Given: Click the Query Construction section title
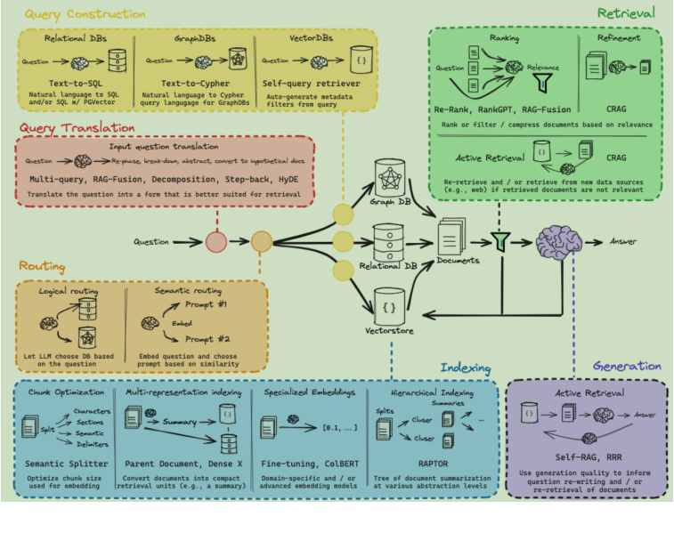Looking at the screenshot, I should click(85, 14).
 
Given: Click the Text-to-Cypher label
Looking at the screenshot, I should click(194, 81).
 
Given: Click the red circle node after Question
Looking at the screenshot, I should click(215, 241).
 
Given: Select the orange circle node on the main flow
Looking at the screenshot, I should click(261, 241).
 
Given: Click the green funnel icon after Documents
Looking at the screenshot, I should click(501, 240).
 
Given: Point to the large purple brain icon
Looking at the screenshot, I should click(559, 241).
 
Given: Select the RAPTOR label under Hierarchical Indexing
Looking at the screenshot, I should click(434, 463).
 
